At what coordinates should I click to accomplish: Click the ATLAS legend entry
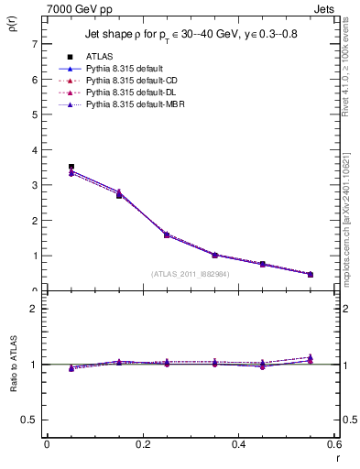[x=99, y=57]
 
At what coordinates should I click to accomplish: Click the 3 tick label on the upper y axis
[x=34, y=185]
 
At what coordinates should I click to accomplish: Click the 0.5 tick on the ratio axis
[x=28, y=420]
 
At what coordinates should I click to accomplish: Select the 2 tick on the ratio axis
[x=34, y=309]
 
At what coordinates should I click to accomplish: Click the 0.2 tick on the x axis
[x=142, y=444]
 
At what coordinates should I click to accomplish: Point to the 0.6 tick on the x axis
[x=334, y=444]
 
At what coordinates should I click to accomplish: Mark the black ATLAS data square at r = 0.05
[x=71, y=167]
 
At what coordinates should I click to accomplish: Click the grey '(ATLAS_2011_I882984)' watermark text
[x=191, y=274]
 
